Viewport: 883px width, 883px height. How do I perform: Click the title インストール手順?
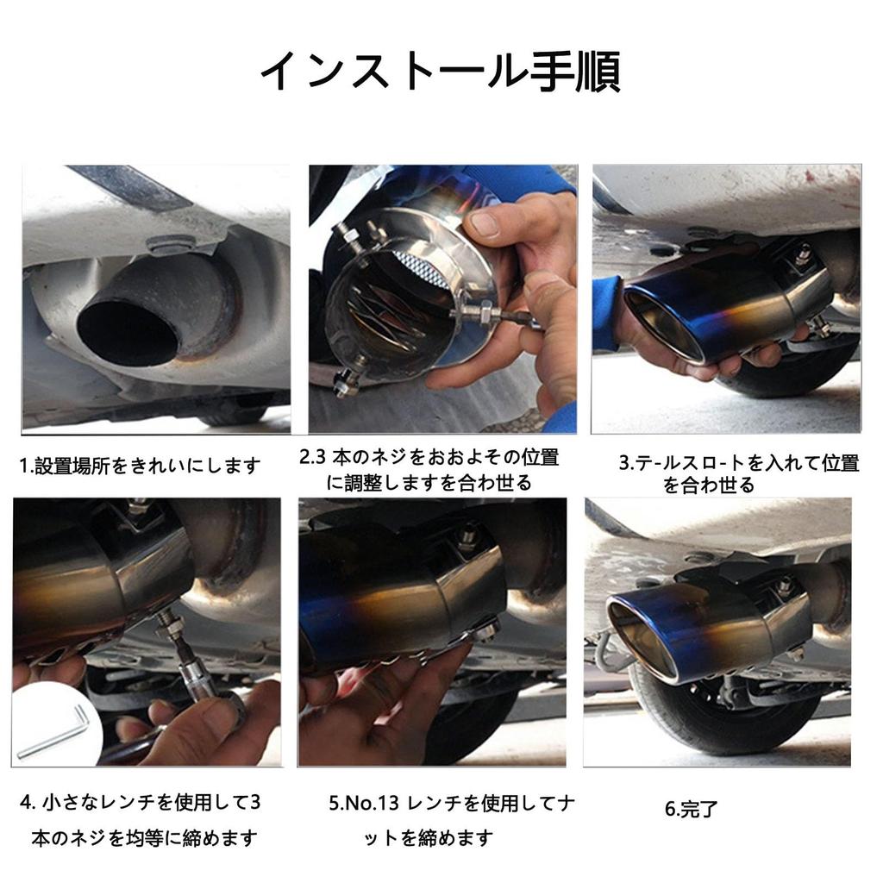[440, 72]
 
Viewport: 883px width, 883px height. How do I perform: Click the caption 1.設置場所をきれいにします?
[140, 467]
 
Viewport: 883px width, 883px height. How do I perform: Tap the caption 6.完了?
[691, 810]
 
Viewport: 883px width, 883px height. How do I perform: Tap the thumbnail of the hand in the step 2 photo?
[485, 224]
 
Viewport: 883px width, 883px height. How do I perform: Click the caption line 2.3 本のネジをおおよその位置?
[429, 457]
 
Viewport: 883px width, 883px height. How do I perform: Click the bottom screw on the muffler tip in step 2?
[347, 380]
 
